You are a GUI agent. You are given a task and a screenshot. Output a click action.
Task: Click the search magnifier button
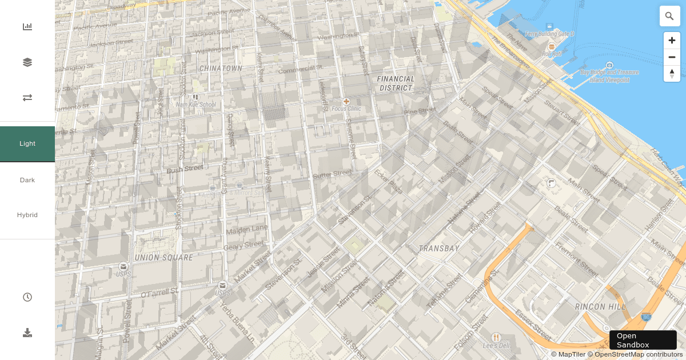pos(669,16)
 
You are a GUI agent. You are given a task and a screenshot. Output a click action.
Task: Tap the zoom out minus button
pos(672,57)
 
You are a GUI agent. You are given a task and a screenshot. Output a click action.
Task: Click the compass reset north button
pos(672,74)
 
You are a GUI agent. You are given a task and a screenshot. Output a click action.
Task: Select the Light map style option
pos(27,144)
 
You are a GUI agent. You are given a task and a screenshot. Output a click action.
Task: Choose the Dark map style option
pos(27,180)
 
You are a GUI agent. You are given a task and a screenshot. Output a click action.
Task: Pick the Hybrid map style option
pos(27,215)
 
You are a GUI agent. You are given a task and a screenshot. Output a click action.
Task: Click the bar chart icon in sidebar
pos(27,27)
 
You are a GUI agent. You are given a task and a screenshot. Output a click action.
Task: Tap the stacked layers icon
pos(27,62)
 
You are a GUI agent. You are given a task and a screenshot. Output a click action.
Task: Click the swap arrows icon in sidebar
pos(27,98)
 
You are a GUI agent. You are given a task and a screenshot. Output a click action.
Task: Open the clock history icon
pos(27,297)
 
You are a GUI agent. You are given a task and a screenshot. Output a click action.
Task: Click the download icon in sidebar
pos(27,333)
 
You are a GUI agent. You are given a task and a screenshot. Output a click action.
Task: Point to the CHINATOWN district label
pos(221,69)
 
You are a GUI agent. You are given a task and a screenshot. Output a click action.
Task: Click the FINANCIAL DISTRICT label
pos(396,83)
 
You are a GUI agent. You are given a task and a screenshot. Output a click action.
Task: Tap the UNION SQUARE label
pos(163,258)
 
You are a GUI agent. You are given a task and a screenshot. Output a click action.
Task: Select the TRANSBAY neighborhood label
pos(439,249)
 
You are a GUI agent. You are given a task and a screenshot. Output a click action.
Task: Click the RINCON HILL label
pos(600,307)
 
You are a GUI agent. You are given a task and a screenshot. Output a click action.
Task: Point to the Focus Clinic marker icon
pos(346,101)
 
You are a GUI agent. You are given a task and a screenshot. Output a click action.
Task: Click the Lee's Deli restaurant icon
pos(496,337)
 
